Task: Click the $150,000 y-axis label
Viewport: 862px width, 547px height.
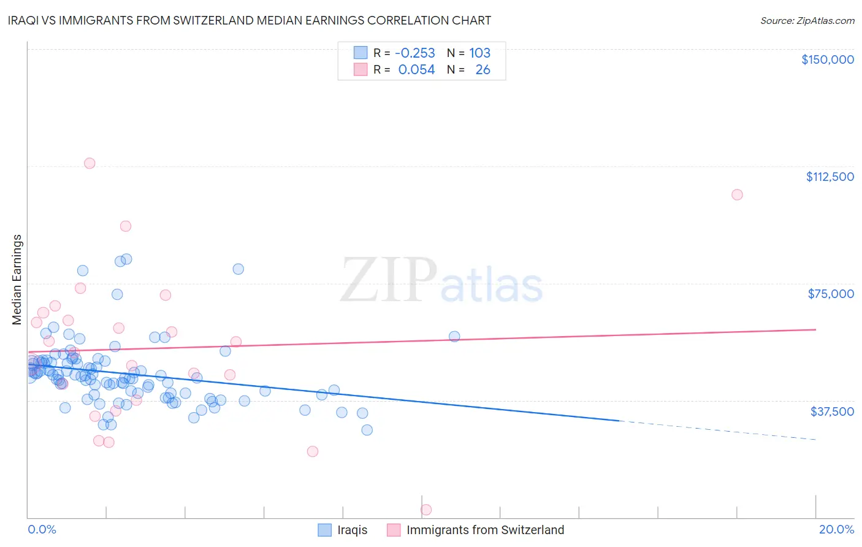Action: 827,59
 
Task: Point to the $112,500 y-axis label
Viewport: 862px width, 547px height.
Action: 830,177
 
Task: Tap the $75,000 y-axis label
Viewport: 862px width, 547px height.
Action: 831,294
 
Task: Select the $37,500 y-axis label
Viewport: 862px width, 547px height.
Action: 832,411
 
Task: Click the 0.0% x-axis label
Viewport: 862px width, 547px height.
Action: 42,530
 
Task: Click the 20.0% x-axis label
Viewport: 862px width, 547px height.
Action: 836,530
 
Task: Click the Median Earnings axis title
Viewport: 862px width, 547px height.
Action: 17,280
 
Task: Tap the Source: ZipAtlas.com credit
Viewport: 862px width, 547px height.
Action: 807,21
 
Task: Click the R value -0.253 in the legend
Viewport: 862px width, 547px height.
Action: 414,53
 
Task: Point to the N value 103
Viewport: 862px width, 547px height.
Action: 479,53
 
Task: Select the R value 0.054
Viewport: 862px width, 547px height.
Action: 416,70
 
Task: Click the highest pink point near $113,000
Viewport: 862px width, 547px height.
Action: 90,163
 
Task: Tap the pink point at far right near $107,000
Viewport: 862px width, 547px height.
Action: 737,194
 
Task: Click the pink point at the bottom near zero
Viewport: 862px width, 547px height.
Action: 426,510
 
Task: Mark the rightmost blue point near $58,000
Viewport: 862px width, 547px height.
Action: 454,336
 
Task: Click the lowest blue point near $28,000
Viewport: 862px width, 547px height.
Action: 367,430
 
